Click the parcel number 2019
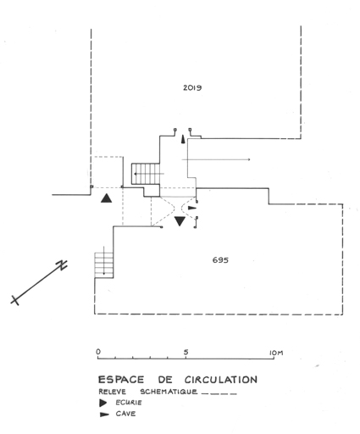tap(192, 87)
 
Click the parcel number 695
tap(220, 260)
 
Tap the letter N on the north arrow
tap(62, 264)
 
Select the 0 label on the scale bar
tap(98, 352)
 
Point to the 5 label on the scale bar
tap(186, 352)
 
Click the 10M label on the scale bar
tap(276, 353)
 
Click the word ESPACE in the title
tap(121, 380)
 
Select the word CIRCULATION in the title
tap(221, 380)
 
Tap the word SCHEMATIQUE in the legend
tap(169, 392)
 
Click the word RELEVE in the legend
tap(113, 392)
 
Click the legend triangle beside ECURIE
tap(103, 403)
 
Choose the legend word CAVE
tap(125, 414)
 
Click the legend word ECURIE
tap(129, 403)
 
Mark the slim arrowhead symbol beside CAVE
tap(104, 415)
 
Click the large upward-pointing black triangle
tap(106, 198)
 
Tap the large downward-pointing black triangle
tap(180, 221)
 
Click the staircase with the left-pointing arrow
tap(146, 174)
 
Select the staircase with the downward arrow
tap(104, 265)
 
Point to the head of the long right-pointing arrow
tap(249, 159)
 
